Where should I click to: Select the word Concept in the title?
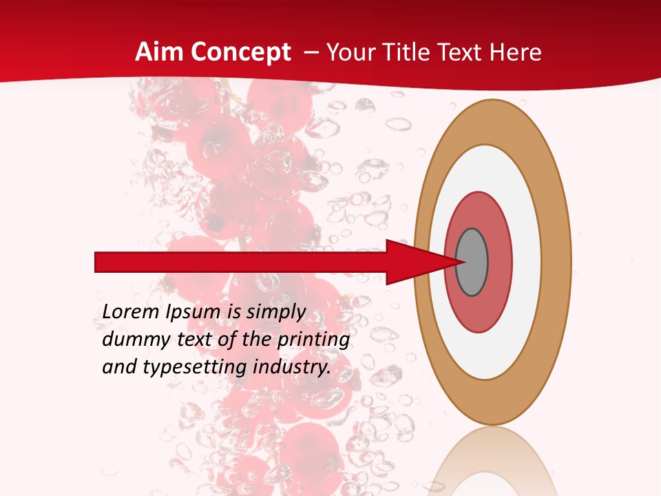click(241, 52)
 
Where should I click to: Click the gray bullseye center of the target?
click(472, 262)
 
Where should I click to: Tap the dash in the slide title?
click(311, 53)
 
